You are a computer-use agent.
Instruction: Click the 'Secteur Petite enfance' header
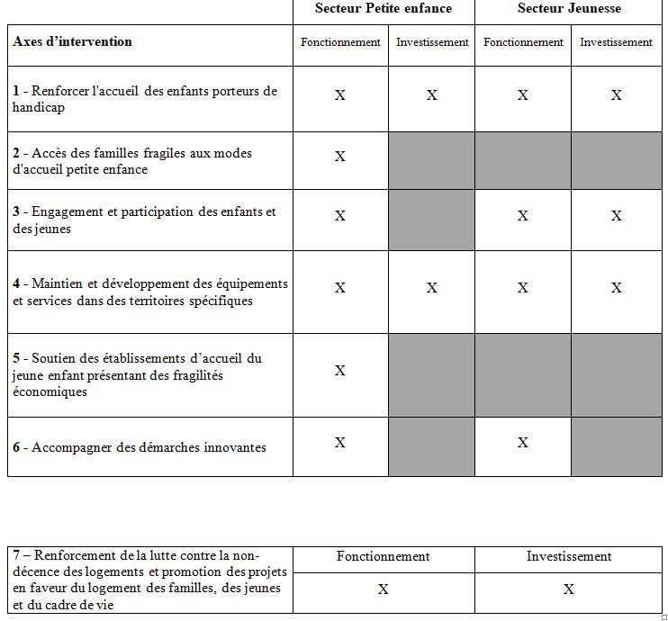pyautogui.click(x=384, y=9)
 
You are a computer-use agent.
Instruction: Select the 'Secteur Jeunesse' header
pyautogui.click(x=569, y=9)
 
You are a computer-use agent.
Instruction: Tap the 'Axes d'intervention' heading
pyautogui.click(x=72, y=41)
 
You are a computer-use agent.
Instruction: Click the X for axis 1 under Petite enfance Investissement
pyautogui.click(x=432, y=95)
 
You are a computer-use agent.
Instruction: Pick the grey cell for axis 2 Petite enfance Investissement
pyautogui.click(x=432, y=160)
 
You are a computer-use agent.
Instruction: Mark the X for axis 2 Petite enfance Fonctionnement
pyautogui.click(x=340, y=157)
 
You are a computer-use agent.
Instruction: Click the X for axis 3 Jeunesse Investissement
pyautogui.click(x=617, y=216)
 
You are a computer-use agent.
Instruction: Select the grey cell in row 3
pyautogui.click(x=432, y=220)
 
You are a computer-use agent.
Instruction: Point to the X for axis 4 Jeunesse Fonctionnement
pyautogui.click(x=523, y=288)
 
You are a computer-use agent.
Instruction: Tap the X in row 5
pyautogui.click(x=340, y=371)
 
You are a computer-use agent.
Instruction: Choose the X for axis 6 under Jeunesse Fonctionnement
pyautogui.click(x=523, y=443)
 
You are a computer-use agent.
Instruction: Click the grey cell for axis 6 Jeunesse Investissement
pyautogui.click(x=617, y=446)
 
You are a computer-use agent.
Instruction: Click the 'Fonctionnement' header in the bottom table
pyautogui.click(x=384, y=556)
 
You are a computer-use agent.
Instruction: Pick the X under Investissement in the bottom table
pyautogui.click(x=569, y=589)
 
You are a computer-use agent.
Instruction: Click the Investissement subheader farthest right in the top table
pyautogui.click(x=617, y=42)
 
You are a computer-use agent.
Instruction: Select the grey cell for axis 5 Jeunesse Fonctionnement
pyautogui.click(x=523, y=374)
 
